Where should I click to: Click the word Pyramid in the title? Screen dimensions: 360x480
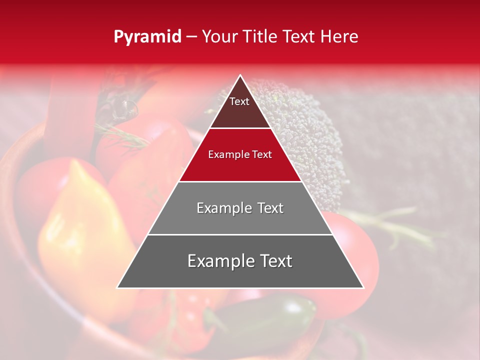(x=147, y=37)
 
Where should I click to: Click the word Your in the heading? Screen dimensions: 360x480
(x=218, y=36)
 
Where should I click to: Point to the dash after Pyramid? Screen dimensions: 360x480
(x=191, y=37)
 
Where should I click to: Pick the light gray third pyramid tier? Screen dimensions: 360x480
(x=240, y=220)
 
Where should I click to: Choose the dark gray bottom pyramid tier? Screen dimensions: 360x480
(x=240, y=272)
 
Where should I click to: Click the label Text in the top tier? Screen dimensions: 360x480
(x=239, y=101)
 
